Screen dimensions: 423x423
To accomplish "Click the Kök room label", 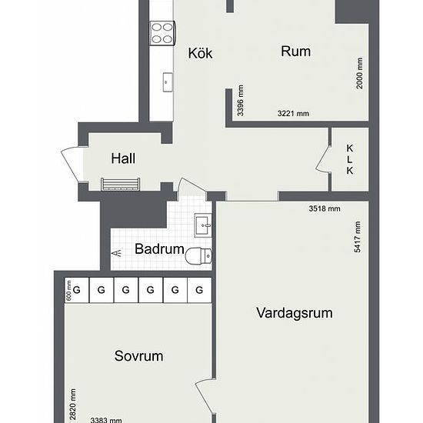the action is pyautogui.click(x=200, y=53).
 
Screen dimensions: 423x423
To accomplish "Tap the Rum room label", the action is pyautogui.click(x=295, y=52).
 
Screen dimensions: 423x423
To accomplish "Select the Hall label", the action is pyautogui.click(x=123, y=158).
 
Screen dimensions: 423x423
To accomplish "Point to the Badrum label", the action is pyautogui.click(x=159, y=248).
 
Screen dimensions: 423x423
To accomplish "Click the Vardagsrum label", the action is pyautogui.click(x=295, y=313).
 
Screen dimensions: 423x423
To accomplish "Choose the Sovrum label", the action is pyautogui.click(x=138, y=356).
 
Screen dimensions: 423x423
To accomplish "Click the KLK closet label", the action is pyautogui.click(x=350, y=159).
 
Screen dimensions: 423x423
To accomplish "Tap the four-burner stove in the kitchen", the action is pyautogui.click(x=163, y=33).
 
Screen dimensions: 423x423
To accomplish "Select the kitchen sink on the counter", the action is pyautogui.click(x=168, y=82).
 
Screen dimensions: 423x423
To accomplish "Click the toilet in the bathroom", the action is pyautogui.click(x=198, y=256).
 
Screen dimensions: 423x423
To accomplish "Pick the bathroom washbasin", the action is pyautogui.click(x=203, y=225).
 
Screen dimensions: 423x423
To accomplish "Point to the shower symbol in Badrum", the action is pyautogui.click(x=117, y=253).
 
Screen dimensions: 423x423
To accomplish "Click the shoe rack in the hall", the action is pyautogui.click(x=120, y=185).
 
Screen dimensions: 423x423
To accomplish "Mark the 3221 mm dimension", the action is pyautogui.click(x=293, y=114).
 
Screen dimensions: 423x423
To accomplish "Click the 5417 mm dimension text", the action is pyautogui.click(x=357, y=237).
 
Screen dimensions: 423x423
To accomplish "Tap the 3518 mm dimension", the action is pyautogui.click(x=325, y=208).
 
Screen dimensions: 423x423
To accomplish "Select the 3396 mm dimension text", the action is pyautogui.click(x=241, y=101).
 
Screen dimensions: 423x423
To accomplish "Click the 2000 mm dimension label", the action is pyautogui.click(x=360, y=73).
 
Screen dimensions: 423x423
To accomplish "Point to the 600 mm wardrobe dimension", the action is pyautogui.click(x=68, y=291).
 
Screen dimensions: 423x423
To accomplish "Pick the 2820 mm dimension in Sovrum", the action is pyautogui.click(x=73, y=404).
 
